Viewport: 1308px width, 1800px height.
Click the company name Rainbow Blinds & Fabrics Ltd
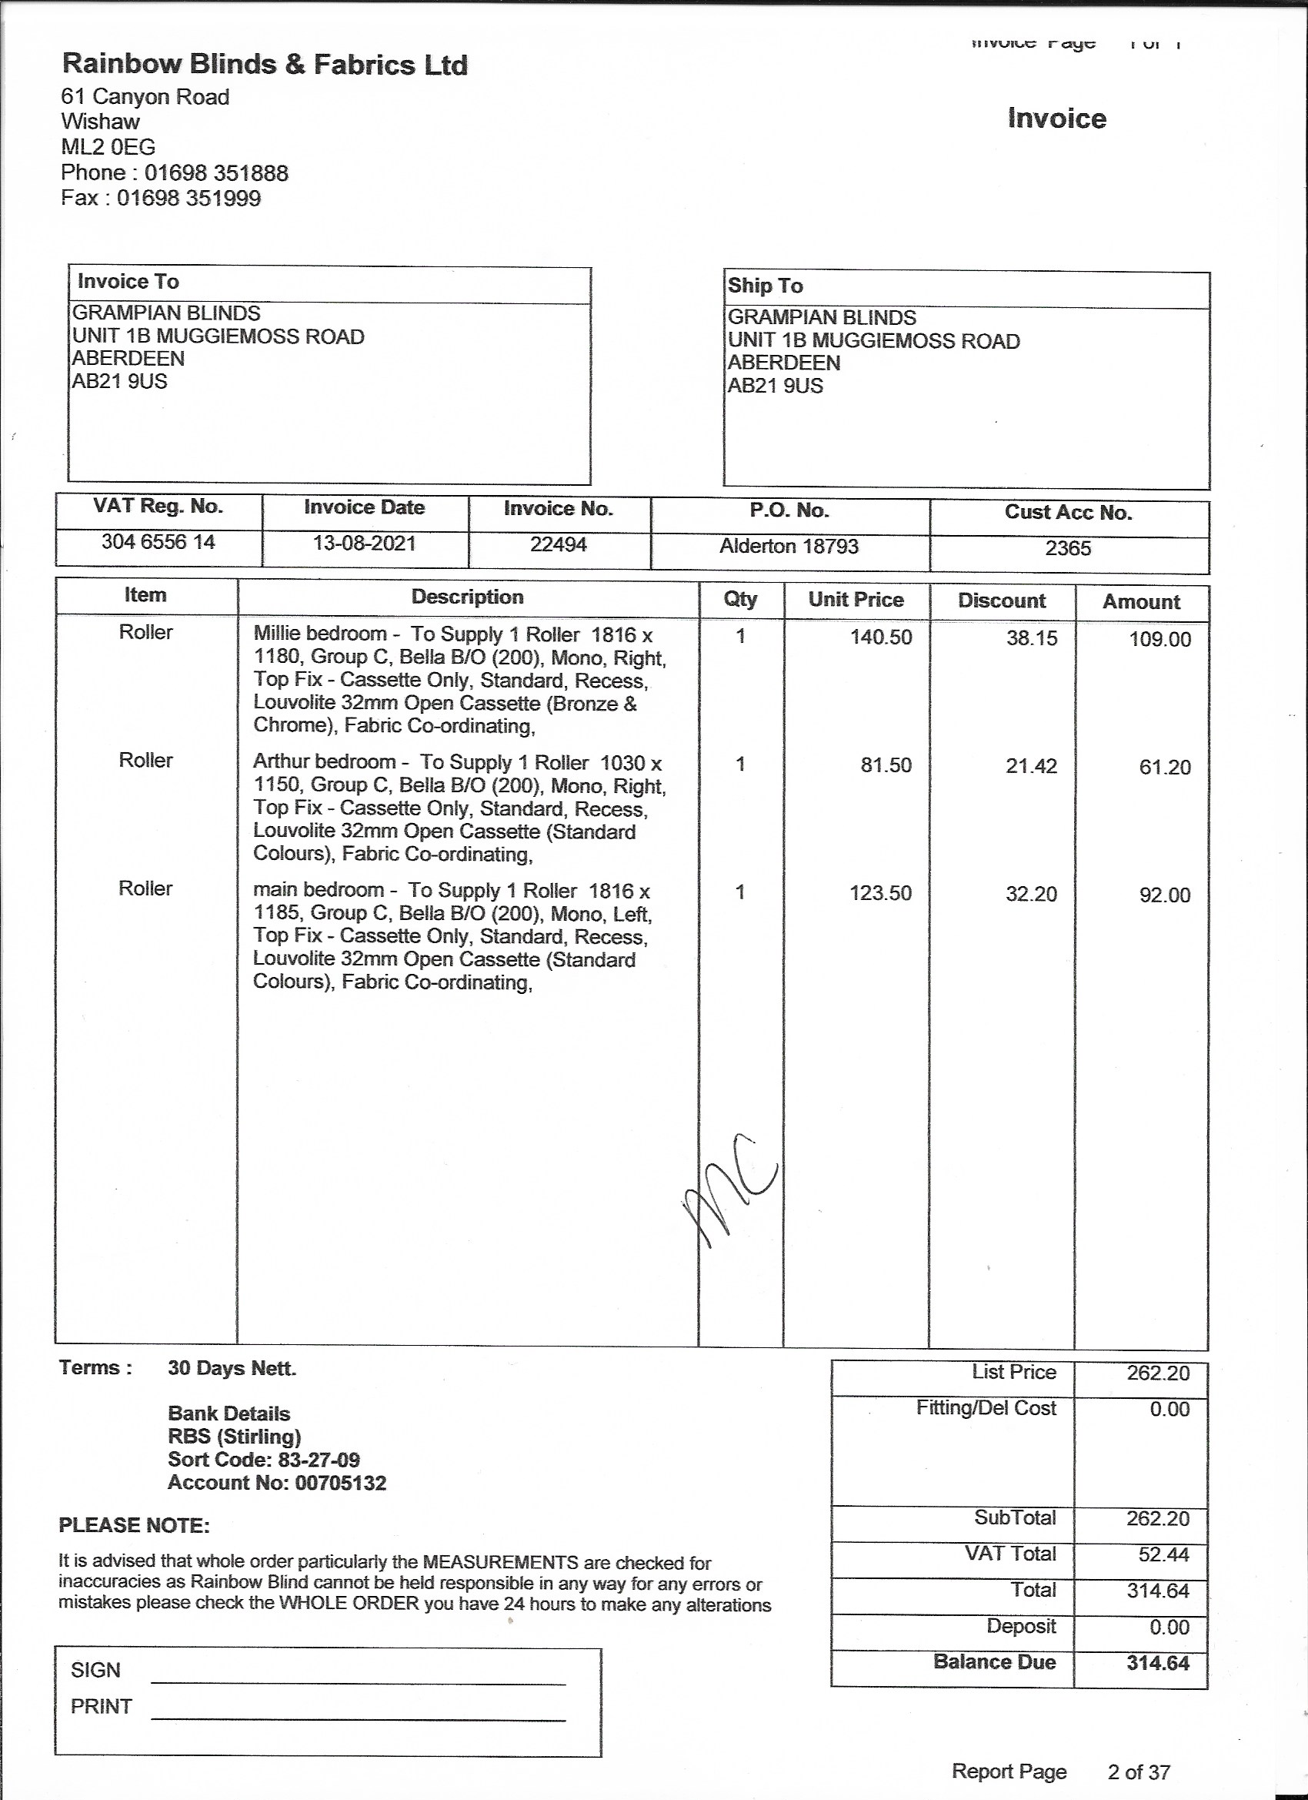(264, 65)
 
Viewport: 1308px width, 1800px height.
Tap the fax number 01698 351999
(189, 199)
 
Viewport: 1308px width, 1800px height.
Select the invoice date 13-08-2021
(364, 544)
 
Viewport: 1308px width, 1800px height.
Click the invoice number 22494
(559, 544)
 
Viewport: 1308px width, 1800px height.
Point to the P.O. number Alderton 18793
(789, 546)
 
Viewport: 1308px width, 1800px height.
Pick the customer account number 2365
(1068, 548)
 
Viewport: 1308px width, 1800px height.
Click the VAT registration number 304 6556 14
(158, 542)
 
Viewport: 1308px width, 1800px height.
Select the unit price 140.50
(880, 637)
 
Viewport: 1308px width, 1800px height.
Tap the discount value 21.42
(1031, 766)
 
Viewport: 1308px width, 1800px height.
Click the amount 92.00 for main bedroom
(1164, 895)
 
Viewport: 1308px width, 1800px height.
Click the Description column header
(467, 597)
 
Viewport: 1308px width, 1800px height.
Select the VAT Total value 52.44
(1163, 1554)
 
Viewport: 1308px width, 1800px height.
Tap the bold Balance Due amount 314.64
(1157, 1663)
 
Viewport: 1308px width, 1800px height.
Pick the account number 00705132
(340, 1483)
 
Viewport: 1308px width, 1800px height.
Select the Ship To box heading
(765, 286)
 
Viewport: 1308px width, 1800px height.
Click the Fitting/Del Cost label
(986, 1408)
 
